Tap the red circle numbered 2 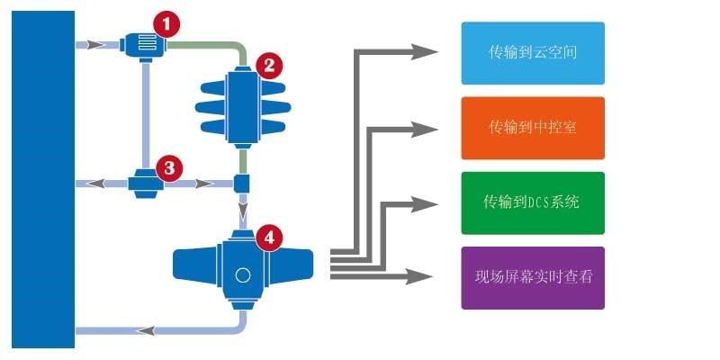click(267, 65)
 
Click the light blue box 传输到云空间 click(533, 53)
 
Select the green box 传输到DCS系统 click(533, 202)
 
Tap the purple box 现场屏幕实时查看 click(533, 277)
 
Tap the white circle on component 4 click(242, 276)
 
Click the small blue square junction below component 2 click(242, 184)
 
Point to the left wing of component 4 click(193, 264)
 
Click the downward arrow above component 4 click(242, 217)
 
